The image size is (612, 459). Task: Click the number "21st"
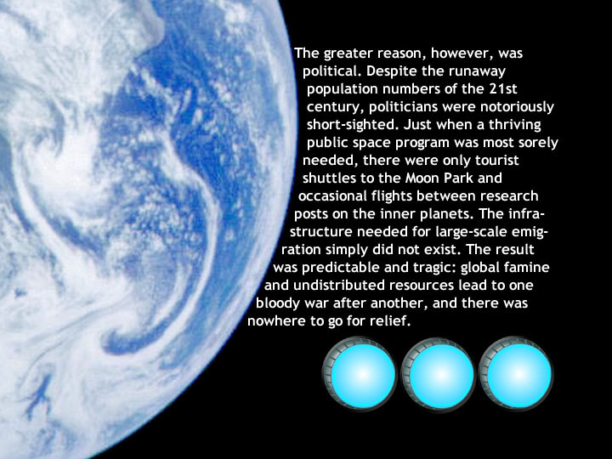(x=502, y=89)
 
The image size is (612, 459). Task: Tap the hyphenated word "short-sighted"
(x=354, y=125)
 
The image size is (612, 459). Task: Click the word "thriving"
(x=515, y=125)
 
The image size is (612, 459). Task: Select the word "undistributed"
(x=339, y=285)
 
